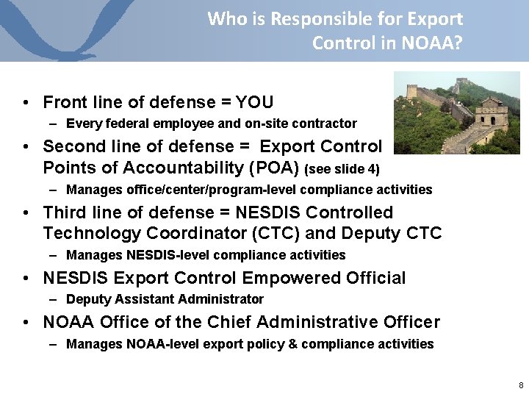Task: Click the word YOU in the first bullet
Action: click(254, 102)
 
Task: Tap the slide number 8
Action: click(521, 385)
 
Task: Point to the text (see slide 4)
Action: click(342, 169)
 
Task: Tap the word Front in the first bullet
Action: click(65, 102)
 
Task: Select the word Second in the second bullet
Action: click(72, 146)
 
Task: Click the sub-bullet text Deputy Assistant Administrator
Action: click(165, 299)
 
